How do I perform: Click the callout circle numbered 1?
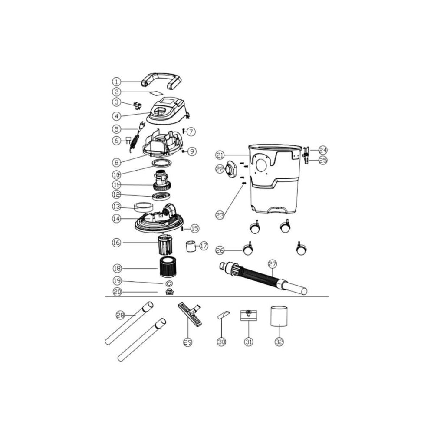(116, 82)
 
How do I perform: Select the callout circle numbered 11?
(116, 184)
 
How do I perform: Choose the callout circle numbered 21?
(220, 155)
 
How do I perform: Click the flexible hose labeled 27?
(263, 278)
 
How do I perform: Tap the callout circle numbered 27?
(273, 264)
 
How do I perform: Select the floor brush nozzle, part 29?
(191, 314)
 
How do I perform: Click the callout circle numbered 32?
(279, 342)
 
